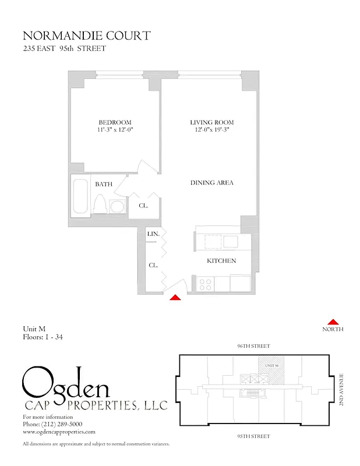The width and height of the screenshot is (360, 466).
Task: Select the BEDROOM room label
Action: click(x=115, y=122)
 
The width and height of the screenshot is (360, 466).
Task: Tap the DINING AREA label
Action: click(x=212, y=183)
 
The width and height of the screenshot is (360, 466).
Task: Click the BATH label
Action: click(x=104, y=184)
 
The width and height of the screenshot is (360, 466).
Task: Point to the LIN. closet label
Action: click(x=153, y=234)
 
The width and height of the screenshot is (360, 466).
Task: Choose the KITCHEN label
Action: click(x=221, y=261)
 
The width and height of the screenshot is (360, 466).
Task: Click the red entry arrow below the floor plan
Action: click(x=175, y=298)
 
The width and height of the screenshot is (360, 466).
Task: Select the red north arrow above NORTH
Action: click(x=333, y=322)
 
